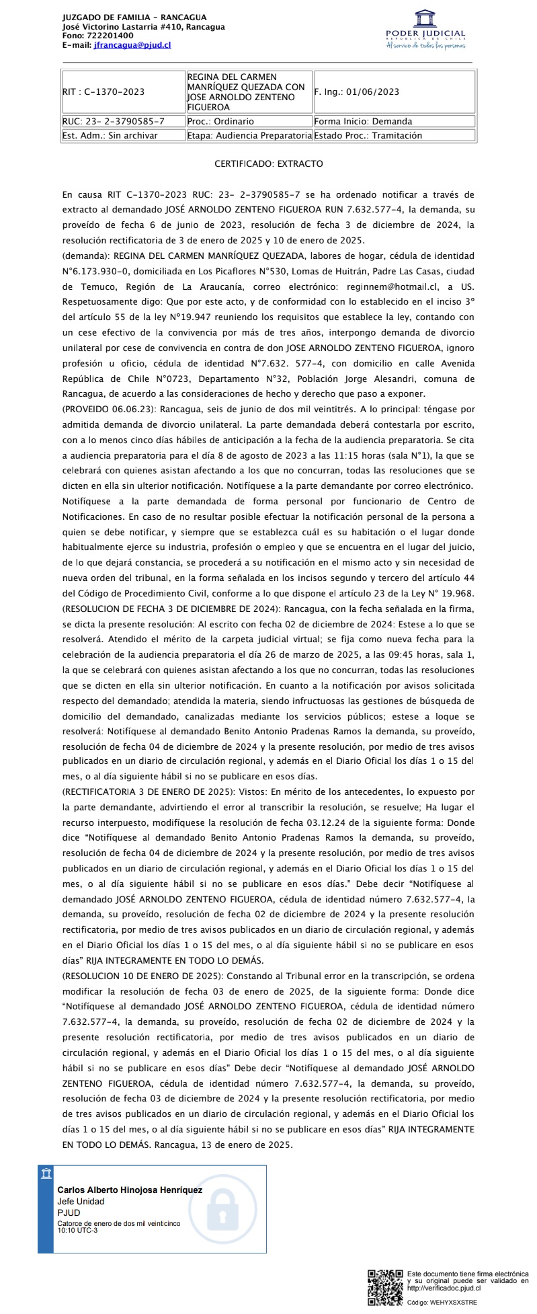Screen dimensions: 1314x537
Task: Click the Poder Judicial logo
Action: pos(425,30)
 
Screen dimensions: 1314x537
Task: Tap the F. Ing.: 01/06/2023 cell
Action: pos(395,92)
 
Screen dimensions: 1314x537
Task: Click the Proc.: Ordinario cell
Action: pos(249,122)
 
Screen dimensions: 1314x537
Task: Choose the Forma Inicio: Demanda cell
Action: pos(395,122)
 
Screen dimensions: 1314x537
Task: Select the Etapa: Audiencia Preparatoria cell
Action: pos(249,135)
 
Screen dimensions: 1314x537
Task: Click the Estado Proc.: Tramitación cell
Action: pos(395,135)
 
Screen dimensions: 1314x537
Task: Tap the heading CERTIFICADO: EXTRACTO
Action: pos(268,163)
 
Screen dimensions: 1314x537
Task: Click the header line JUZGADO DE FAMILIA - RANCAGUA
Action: pos(134,17)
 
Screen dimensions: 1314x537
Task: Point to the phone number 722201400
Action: pos(108,36)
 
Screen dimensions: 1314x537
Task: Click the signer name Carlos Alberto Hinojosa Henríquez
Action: pos(130,1190)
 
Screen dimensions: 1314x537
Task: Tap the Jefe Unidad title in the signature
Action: pos(81,1201)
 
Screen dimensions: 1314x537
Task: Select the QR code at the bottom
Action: pos(386,1287)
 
